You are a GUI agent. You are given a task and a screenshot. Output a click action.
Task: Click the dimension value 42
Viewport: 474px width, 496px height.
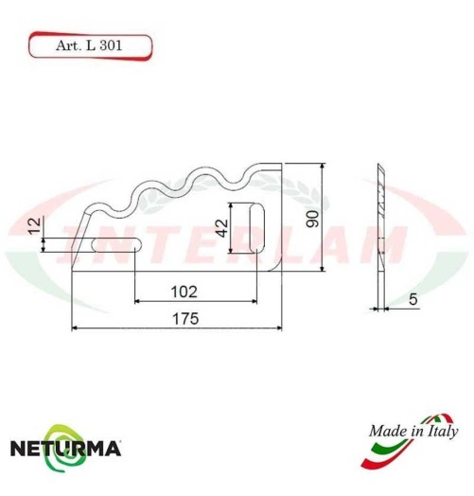(222, 227)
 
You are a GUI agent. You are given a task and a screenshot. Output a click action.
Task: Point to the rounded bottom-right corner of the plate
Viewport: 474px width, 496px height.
(277, 264)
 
